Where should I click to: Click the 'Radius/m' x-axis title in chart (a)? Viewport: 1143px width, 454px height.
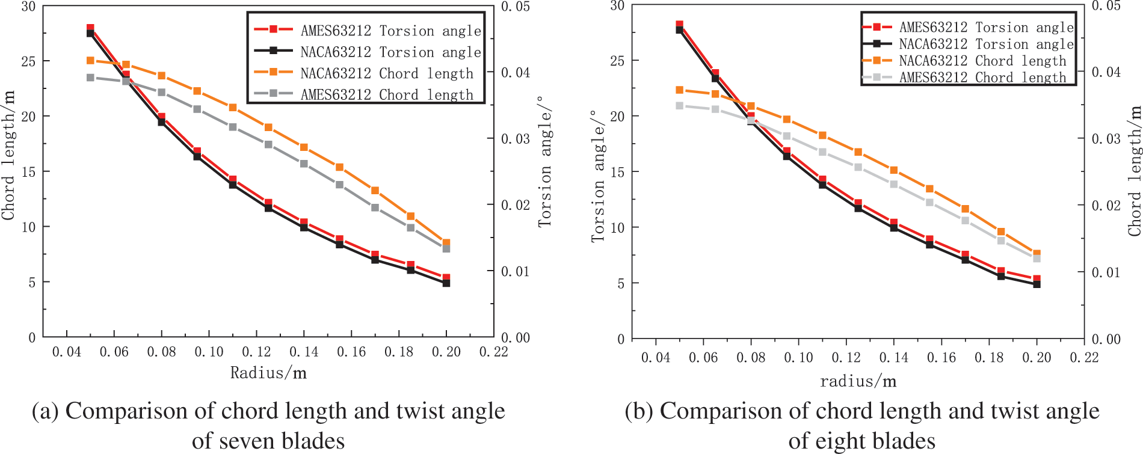[268, 373]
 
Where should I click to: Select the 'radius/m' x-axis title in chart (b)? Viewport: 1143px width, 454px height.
[858, 381]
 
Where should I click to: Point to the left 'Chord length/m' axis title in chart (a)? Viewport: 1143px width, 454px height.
[8, 155]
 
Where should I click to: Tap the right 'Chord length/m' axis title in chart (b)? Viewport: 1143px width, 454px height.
[1135, 171]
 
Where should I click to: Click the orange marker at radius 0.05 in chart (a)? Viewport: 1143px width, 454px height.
[90, 61]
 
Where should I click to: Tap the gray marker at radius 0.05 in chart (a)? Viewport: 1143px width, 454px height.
[90, 78]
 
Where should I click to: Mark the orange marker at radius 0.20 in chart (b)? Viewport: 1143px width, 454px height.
[1037, 254]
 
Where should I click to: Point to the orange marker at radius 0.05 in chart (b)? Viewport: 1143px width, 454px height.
[680, 90]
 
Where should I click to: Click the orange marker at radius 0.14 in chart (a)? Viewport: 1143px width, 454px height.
[304, 147]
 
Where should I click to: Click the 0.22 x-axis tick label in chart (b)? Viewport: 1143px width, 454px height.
[1083, 358]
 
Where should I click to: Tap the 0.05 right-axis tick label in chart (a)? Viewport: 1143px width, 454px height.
[516, 7]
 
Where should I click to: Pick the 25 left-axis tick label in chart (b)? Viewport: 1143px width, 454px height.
[617, 61]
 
